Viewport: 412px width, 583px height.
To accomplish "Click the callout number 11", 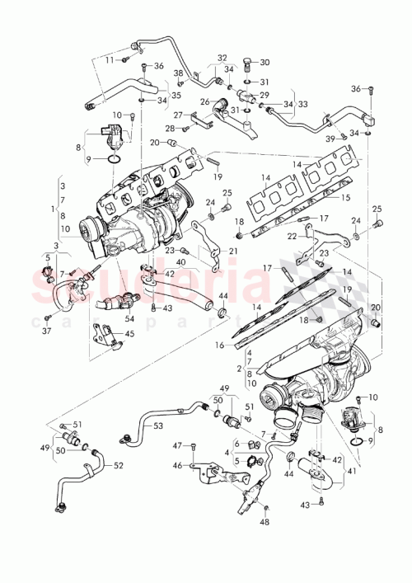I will coord(109,59).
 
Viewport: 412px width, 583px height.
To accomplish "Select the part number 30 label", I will coord(265,63).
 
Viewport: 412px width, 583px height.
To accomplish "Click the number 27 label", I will coord(177,115).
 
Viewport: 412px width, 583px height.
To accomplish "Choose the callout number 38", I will coord(178,73).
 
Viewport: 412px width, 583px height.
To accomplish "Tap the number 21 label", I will coord(233,251).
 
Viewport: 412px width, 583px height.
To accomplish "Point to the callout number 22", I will coord(292,237).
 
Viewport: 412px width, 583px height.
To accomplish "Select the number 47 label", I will coord(177,445).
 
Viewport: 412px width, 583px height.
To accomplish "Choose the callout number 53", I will coord(158,425).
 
